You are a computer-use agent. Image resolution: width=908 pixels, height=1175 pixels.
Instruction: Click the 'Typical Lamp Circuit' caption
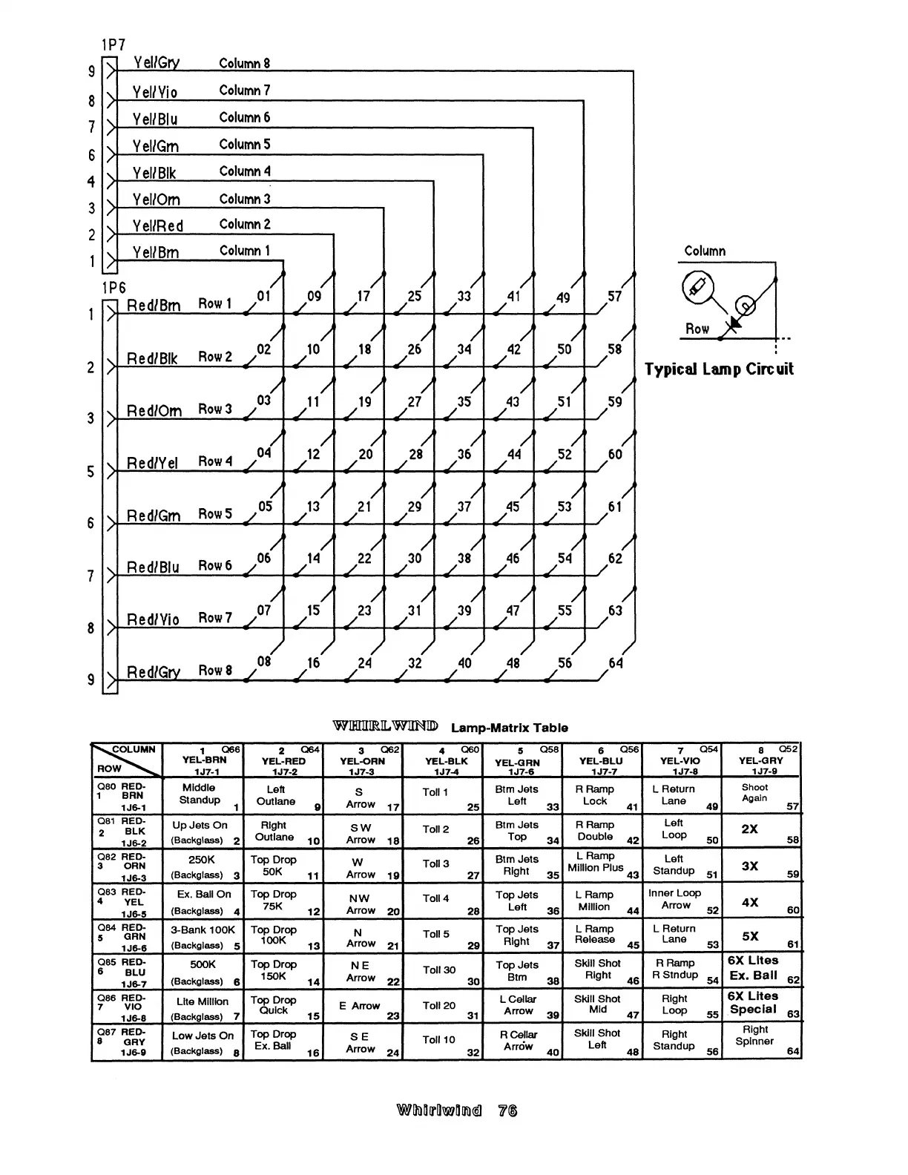(x=719, y=369)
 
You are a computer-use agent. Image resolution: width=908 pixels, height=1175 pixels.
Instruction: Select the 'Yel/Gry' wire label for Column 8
(x=156, y=64)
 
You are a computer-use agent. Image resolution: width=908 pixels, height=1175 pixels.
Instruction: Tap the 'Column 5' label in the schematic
(x=244, y=144)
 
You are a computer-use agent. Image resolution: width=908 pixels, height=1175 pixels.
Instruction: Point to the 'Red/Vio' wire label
(x=153, y=619)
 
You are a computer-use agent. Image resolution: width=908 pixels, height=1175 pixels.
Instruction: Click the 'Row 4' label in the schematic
(x=214, y=461)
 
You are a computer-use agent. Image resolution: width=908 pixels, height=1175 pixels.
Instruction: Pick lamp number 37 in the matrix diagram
(x=464, y=507)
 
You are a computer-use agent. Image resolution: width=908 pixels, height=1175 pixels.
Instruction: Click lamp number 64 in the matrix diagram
(x=615, y=662)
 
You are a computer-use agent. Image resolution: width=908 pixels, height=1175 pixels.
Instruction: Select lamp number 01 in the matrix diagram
(x=264, y=296)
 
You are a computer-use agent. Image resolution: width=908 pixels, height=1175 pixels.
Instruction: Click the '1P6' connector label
(x=113, y=288)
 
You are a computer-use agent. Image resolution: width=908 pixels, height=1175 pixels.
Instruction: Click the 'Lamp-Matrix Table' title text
(x=509, y=728)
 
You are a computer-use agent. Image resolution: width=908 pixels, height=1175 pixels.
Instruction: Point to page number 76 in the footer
(x=508, y=1110)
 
